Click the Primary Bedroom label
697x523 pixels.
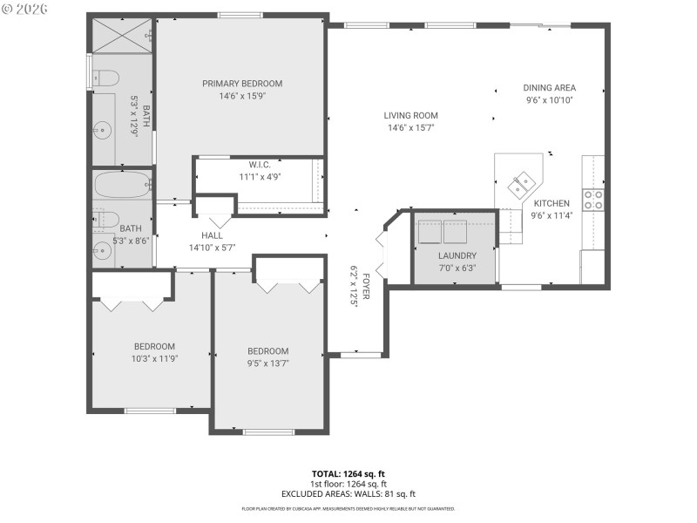point(242,84)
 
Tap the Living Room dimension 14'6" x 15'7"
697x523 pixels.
point(410,127)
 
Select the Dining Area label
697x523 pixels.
point(549,87)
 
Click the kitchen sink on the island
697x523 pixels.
point(524,183)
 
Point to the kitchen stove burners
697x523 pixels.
point(593,200)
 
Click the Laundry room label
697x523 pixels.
point(457,255)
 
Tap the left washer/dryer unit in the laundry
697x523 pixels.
point(430,233)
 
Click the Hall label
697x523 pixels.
point(212,235)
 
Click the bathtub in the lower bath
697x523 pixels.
point(121,186)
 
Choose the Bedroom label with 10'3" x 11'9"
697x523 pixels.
point(153,346)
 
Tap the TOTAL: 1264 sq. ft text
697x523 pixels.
point(348,473)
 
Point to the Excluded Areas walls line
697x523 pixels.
point(348,493)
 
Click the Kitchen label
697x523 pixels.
point(552,203)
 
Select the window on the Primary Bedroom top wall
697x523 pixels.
point(240,15)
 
